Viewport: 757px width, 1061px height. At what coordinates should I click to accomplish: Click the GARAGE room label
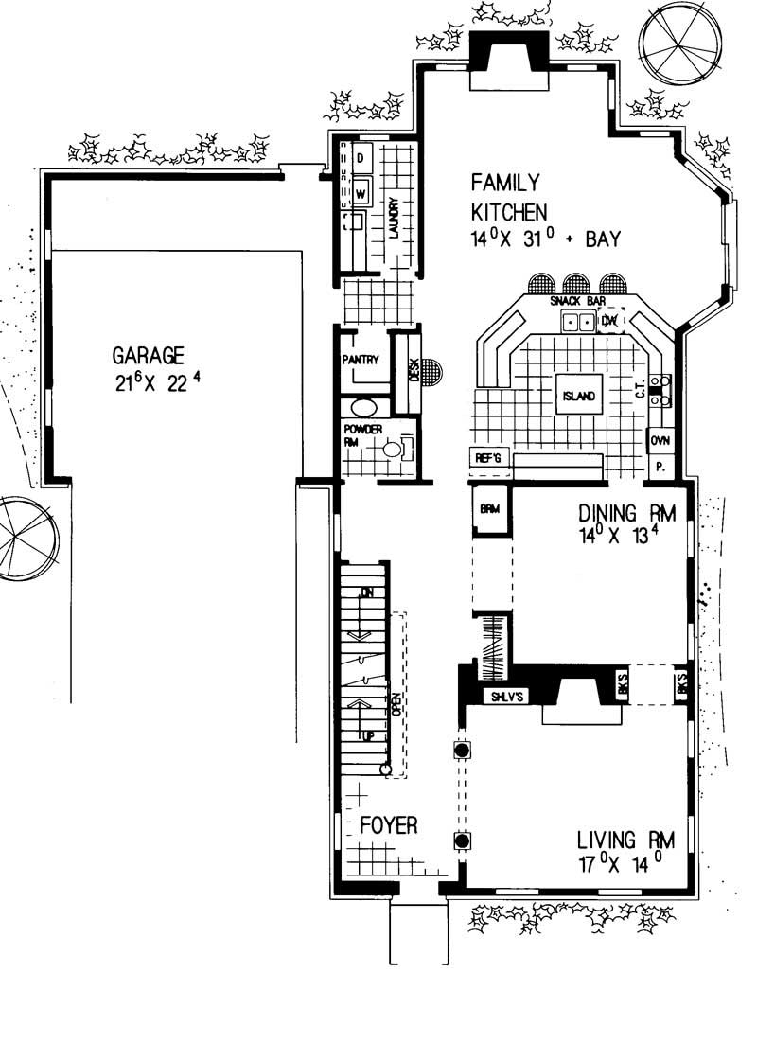pyautogui.click(x=148, y=356)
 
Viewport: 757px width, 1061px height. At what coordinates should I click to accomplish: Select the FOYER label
pyautogui.click(x=388, y=825)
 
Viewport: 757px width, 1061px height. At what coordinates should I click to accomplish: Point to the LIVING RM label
pyautogui.click(x=625, y=839)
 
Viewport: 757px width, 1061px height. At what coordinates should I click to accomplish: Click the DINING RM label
pyautogui.click(x=627, y=514)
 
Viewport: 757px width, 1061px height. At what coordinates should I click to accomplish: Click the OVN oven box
pyautogui.click(x=660, y=440)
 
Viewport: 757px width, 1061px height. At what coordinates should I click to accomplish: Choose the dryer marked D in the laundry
pyautogui.click(x=361, y=158)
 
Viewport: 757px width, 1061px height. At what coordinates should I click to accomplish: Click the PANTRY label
pyautogui.click(x=361, y=360)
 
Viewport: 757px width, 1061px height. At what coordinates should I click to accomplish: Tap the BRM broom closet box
pyautogui.click(x=489, y=509)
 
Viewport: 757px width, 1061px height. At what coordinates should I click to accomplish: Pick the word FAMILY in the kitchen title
pyautogui.click(x=506, y=182)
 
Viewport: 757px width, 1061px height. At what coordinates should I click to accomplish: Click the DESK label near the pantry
pyautogui.click(x=414, y=370)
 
